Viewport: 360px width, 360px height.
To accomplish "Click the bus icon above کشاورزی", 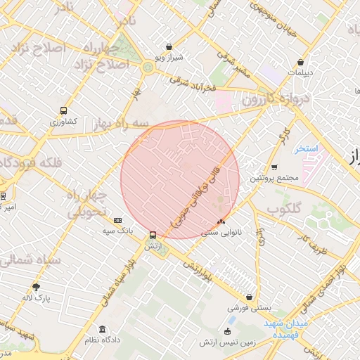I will (64, 110).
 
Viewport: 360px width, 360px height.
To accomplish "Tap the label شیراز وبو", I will (169, 57).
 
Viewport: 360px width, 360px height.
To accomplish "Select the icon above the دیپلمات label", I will (301, 62).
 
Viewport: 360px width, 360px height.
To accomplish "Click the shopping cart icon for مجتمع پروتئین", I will (274, 167).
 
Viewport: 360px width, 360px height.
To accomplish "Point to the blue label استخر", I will (307, 149).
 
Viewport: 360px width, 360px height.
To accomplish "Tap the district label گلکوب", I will (284, 209).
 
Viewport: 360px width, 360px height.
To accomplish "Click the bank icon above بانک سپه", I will (117, 220).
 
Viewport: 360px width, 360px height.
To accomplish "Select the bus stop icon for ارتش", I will (153, 236).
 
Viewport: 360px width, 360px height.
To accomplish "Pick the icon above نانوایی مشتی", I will (221, 221).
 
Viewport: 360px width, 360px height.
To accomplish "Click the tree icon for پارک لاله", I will (37, 286).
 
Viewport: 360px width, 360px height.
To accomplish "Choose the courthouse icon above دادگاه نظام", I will (103, 330).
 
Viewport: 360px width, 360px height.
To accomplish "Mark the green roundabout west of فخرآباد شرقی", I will (148, 67).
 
